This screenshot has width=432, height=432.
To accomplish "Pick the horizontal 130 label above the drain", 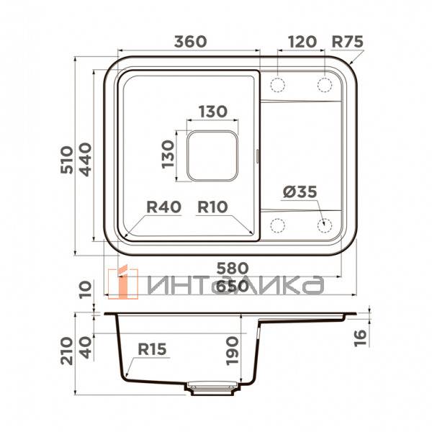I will click(x=212, y=112).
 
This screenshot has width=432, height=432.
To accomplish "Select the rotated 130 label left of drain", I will click(x=167, y=153).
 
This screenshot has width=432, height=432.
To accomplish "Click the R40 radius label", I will click(x=163, y=207).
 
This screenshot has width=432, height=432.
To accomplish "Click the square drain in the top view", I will click(x=212, y=155).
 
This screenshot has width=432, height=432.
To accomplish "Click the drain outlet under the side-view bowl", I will click(x=207, y=387).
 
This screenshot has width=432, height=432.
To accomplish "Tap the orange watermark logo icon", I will click(x=119, y=282).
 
